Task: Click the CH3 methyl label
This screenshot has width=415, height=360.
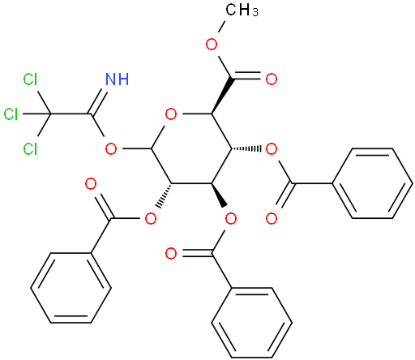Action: [242, 11]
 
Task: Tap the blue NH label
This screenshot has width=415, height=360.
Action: [118, 79]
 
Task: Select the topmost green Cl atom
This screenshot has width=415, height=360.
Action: [30, 79]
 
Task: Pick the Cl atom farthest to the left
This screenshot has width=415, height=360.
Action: [11, 114]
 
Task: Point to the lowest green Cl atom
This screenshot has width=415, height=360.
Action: [30, 148]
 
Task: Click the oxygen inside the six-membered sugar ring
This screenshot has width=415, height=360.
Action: [171, 114]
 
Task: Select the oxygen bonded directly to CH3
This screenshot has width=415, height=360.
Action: [212, 44]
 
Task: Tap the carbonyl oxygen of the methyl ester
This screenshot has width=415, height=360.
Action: [272, 79]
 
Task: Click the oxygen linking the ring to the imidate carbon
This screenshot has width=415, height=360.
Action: [111, 148]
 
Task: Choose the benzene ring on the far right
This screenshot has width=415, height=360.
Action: [372, 183]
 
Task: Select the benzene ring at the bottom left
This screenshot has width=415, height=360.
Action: [71, 288]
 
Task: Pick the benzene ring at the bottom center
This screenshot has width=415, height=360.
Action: [251, 323]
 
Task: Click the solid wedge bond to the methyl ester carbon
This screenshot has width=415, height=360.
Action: [221, 96]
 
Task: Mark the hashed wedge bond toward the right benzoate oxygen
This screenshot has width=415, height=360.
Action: [246, 148]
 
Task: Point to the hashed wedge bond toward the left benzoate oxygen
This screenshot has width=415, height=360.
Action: [165, 195]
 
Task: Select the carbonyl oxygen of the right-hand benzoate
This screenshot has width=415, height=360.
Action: [272, 218]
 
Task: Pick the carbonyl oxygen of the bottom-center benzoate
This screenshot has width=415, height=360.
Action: [171, 253]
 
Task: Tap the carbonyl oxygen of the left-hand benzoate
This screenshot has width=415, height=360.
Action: [91, 184]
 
